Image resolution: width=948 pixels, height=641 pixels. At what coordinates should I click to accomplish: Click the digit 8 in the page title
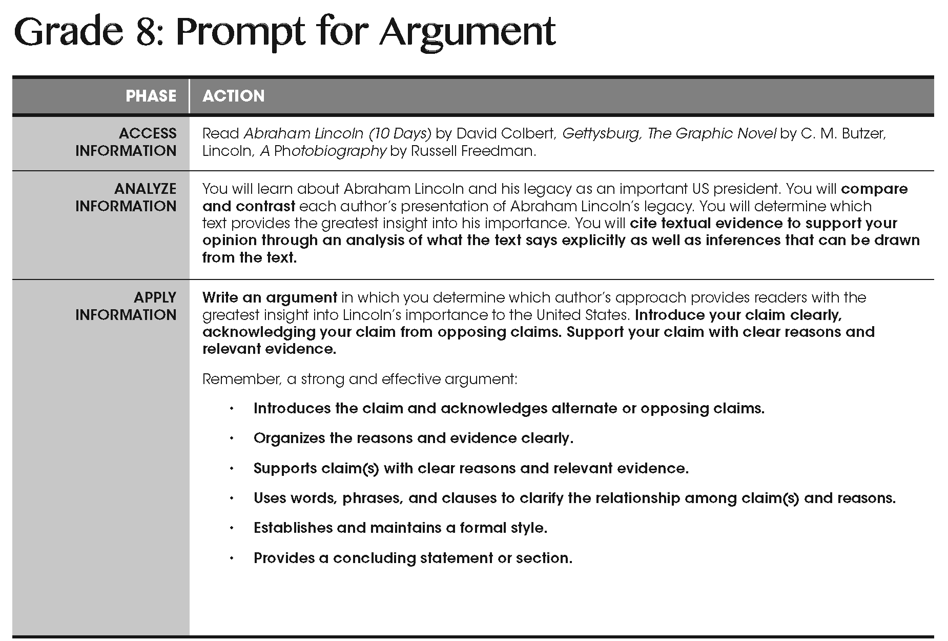144,32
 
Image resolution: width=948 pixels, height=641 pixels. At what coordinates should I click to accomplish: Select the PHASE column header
151,96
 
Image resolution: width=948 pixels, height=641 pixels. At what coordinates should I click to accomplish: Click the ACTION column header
233,96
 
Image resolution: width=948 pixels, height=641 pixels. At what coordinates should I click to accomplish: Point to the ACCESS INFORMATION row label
126,142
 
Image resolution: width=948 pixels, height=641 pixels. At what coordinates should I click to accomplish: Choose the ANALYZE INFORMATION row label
126,197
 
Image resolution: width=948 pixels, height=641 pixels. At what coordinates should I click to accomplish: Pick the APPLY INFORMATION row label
126,306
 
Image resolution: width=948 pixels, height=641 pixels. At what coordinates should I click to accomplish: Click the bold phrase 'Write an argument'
270,297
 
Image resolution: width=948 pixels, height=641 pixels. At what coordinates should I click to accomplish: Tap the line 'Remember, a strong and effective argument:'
360,379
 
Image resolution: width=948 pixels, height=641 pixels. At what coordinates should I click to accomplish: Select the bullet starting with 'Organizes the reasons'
413,438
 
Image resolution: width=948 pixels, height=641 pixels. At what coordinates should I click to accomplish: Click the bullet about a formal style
400,528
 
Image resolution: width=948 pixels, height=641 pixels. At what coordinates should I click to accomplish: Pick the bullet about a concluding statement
413,558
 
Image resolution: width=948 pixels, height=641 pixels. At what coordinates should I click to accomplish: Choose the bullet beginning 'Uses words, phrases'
574,498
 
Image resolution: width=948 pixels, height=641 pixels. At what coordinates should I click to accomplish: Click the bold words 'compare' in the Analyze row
874,189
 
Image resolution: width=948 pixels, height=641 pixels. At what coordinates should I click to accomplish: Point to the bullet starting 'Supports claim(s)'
471,469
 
